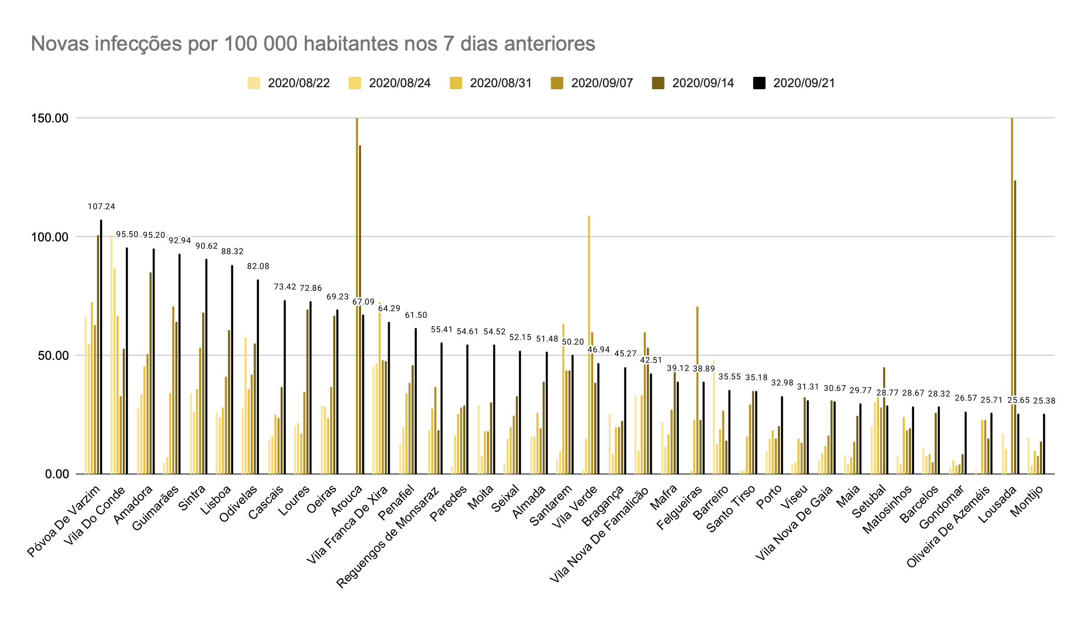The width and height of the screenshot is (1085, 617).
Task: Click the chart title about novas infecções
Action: pyautogui.click(x=312, y=44)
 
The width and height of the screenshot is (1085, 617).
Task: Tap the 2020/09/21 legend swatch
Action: pyautogui.click(x=759, y=83)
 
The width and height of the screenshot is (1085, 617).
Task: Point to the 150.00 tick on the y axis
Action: pyautogui.click(x=50, y=118)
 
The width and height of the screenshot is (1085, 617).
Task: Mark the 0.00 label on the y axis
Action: pyautogui.click(x=56, y=474)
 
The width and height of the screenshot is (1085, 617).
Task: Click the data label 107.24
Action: pyautogui.click(x=101, y=207)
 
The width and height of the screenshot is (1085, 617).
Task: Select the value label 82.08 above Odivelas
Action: pyautogui.click(x=258, y=267)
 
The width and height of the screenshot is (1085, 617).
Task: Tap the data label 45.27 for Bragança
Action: pyautogui.click(x=625, y=354)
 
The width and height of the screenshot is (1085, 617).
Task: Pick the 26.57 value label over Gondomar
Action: pyautogui.click(x=965, y=398)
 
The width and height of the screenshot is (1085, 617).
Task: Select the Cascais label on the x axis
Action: pyautogui.click(x=266, y=502)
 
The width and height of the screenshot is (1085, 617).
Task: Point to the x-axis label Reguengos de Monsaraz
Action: pyautogui.click(x=388, y=538)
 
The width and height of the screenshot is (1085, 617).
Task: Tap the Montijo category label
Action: pyautogui.click(x=1027, y=501)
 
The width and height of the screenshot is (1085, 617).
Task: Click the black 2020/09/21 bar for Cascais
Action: pyautogui.click(x=285, y=387)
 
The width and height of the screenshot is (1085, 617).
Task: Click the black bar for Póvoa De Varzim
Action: pyautogui.click(x=101, y=347)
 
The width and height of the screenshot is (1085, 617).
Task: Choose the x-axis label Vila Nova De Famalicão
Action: pyautogui.click(x=599, y=535)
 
